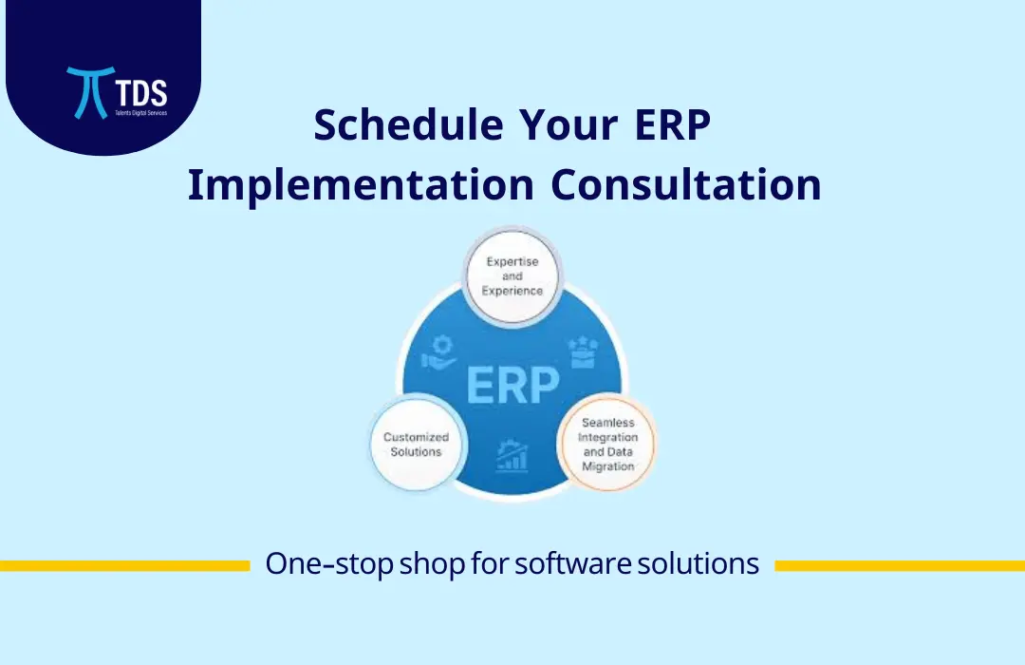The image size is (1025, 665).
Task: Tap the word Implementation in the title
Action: (x=360, y=184)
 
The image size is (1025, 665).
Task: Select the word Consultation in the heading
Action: (x=686, y=184)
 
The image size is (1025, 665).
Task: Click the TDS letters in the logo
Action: (x=139, y=92)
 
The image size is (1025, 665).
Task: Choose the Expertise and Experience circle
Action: (x=512, y=275)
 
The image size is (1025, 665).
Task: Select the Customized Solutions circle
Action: (x=416, y=445)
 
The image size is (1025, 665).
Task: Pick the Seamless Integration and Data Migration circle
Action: (x=607, y=445)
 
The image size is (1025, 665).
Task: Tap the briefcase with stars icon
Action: (x=581, y=351)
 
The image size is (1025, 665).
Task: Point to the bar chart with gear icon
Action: (x=512, y=455)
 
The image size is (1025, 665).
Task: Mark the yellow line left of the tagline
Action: (x=124, y=565)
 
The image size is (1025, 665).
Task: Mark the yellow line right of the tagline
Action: (x=900, y=565)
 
